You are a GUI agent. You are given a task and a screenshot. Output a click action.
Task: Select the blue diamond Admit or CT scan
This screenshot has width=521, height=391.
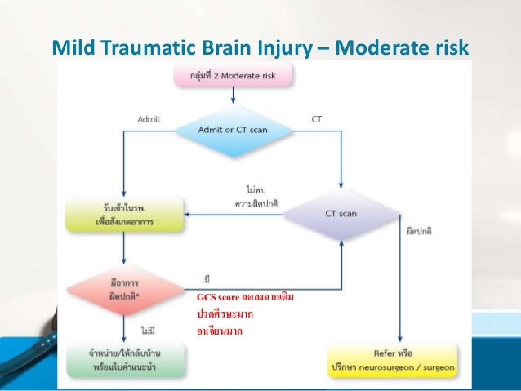233,129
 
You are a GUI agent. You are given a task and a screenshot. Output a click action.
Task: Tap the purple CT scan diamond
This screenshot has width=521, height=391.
341,214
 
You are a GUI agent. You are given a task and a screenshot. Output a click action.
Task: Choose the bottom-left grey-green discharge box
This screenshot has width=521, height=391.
125,358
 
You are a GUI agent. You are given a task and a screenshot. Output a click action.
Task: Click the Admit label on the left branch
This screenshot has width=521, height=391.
148,118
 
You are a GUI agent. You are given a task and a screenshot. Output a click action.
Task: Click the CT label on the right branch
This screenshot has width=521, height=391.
317,118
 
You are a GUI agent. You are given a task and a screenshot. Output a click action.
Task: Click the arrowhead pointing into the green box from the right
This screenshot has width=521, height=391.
189,215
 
